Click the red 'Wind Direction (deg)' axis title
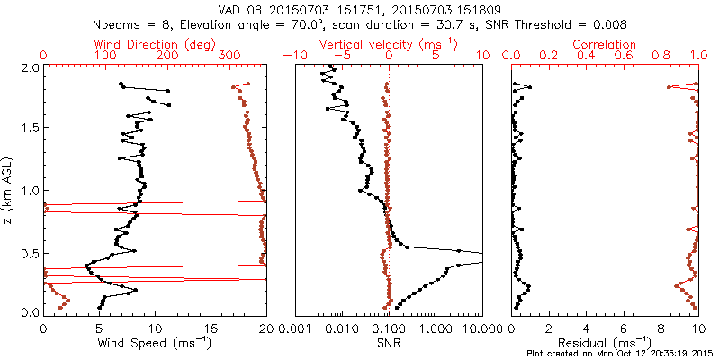coord(132,43)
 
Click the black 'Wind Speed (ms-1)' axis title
coord(153,342)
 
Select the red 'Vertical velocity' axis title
coord(389,43)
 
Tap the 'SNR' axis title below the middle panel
coord(389,342)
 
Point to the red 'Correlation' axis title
coord(606,43)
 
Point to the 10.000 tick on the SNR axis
coord(479,328)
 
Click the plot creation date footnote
coord(620,353)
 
